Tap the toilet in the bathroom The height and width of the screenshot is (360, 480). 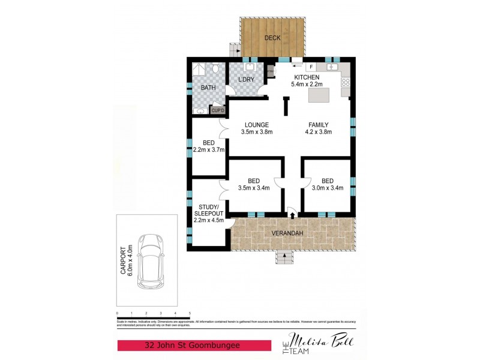[215, 70]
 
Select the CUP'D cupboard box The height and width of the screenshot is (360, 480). [217, 110]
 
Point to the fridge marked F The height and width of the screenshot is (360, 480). [311, 67]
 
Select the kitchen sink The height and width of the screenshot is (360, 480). [334, 67]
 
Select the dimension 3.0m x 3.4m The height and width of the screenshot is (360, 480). [327, 188]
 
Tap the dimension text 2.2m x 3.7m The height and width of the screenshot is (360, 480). [209, 149]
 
